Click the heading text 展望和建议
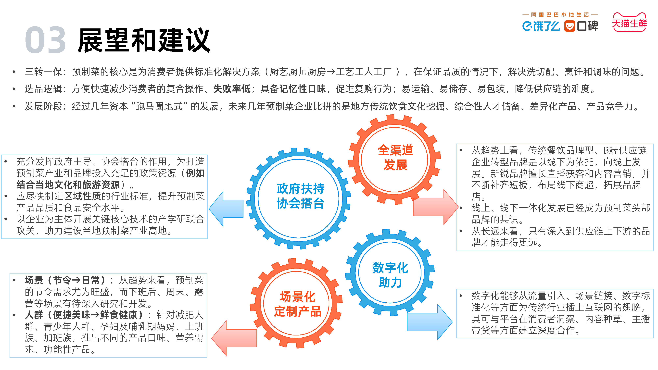pyautogui.click(x=144, y=40)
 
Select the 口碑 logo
pyautogui.click(x=581, y=26)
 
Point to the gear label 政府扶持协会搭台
pyautogui.click(x=300, y=196)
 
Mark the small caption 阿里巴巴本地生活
pyautogui.click(x=560, y=15)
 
